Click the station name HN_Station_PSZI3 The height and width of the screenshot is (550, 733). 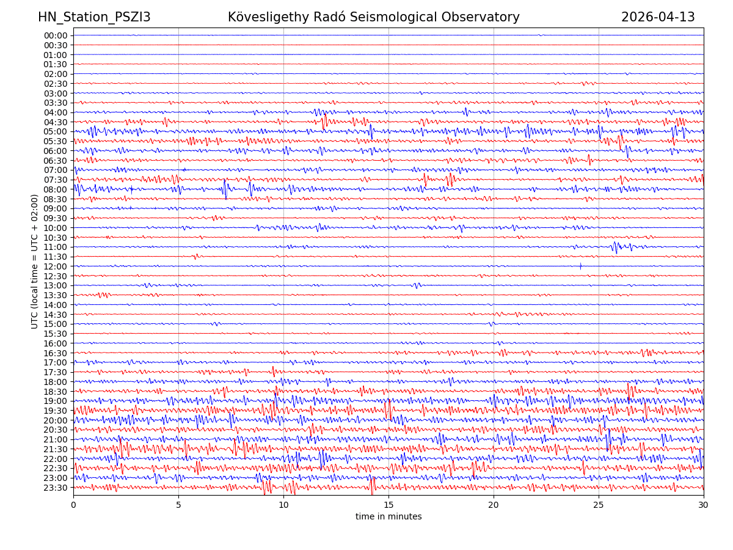[x=94, y=17]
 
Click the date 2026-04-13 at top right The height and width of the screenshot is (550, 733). [x=658, y=17]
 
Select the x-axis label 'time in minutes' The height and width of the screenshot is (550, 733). [x=388, y=517]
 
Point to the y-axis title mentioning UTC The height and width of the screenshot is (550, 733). [x=35, y=261]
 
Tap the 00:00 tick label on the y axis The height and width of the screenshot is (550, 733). [x=56, y=35]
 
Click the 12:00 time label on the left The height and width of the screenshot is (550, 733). [x=56, y=266]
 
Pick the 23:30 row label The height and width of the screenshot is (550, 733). [x=56, y=488]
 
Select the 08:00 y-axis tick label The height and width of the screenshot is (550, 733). [x=56, y=189]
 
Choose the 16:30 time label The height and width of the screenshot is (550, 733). [x=56, y=353]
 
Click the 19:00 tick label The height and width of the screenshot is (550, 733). [x=56, y=401]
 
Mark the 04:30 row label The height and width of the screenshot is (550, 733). [x=56, y=122]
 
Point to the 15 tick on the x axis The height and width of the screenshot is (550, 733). [x=388, y=505]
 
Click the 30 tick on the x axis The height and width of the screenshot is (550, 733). [x=704, y=505]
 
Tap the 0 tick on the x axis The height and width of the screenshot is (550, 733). [x=73, y=505]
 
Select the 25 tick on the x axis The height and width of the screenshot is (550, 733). [x=599, y=505]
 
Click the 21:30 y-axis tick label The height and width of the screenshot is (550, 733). [x=56, y=449]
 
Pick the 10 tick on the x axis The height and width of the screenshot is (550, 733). [x=283, y=505]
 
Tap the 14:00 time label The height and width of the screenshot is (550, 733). [x=56, y=305]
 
